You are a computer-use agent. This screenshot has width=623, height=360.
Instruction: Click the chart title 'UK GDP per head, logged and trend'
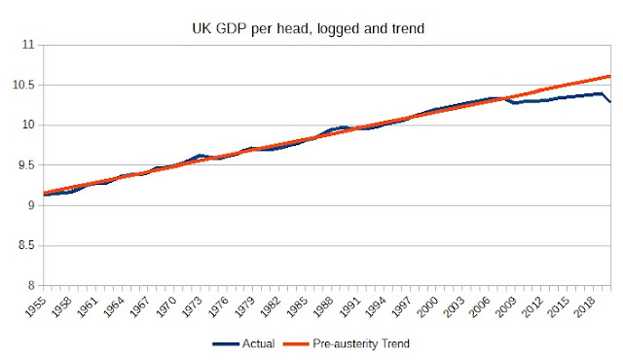tap(309, 29)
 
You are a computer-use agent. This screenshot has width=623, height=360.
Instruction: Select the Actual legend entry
tap(243, 343)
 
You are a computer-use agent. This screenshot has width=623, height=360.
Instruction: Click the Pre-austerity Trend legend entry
tap(347, 343)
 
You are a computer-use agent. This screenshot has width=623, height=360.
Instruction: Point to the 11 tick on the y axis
tap(28, 45)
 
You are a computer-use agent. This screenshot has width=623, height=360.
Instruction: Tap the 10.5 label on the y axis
tap(23, 85)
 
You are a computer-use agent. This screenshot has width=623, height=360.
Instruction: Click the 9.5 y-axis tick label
tap(26, 165)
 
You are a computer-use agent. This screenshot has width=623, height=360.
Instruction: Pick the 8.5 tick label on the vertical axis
tap(26, 245)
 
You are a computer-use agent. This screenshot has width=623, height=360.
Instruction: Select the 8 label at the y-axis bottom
tap(32, 285)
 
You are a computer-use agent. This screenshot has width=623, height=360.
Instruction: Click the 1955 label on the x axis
tap(36, 306)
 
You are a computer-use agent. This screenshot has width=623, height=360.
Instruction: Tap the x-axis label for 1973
tap(193, 306)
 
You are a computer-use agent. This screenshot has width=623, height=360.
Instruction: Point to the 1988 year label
tap(323, 306)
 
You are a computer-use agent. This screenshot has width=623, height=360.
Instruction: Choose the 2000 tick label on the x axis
tap(427, 306)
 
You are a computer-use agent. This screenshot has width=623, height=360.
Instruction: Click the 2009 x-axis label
tap(506, 306)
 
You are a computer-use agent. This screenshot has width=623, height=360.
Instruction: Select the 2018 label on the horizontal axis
tap(584, 306)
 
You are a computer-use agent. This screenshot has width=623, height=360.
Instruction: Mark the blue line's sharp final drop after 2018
tap(606, 97)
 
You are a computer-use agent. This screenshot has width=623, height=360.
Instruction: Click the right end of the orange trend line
tap(610, 76)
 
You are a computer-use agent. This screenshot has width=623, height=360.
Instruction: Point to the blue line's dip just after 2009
tap(515, 102)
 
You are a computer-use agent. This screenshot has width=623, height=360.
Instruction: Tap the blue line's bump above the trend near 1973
tap(200, 156)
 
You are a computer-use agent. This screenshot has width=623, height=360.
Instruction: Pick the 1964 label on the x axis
tap(114, 306)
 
